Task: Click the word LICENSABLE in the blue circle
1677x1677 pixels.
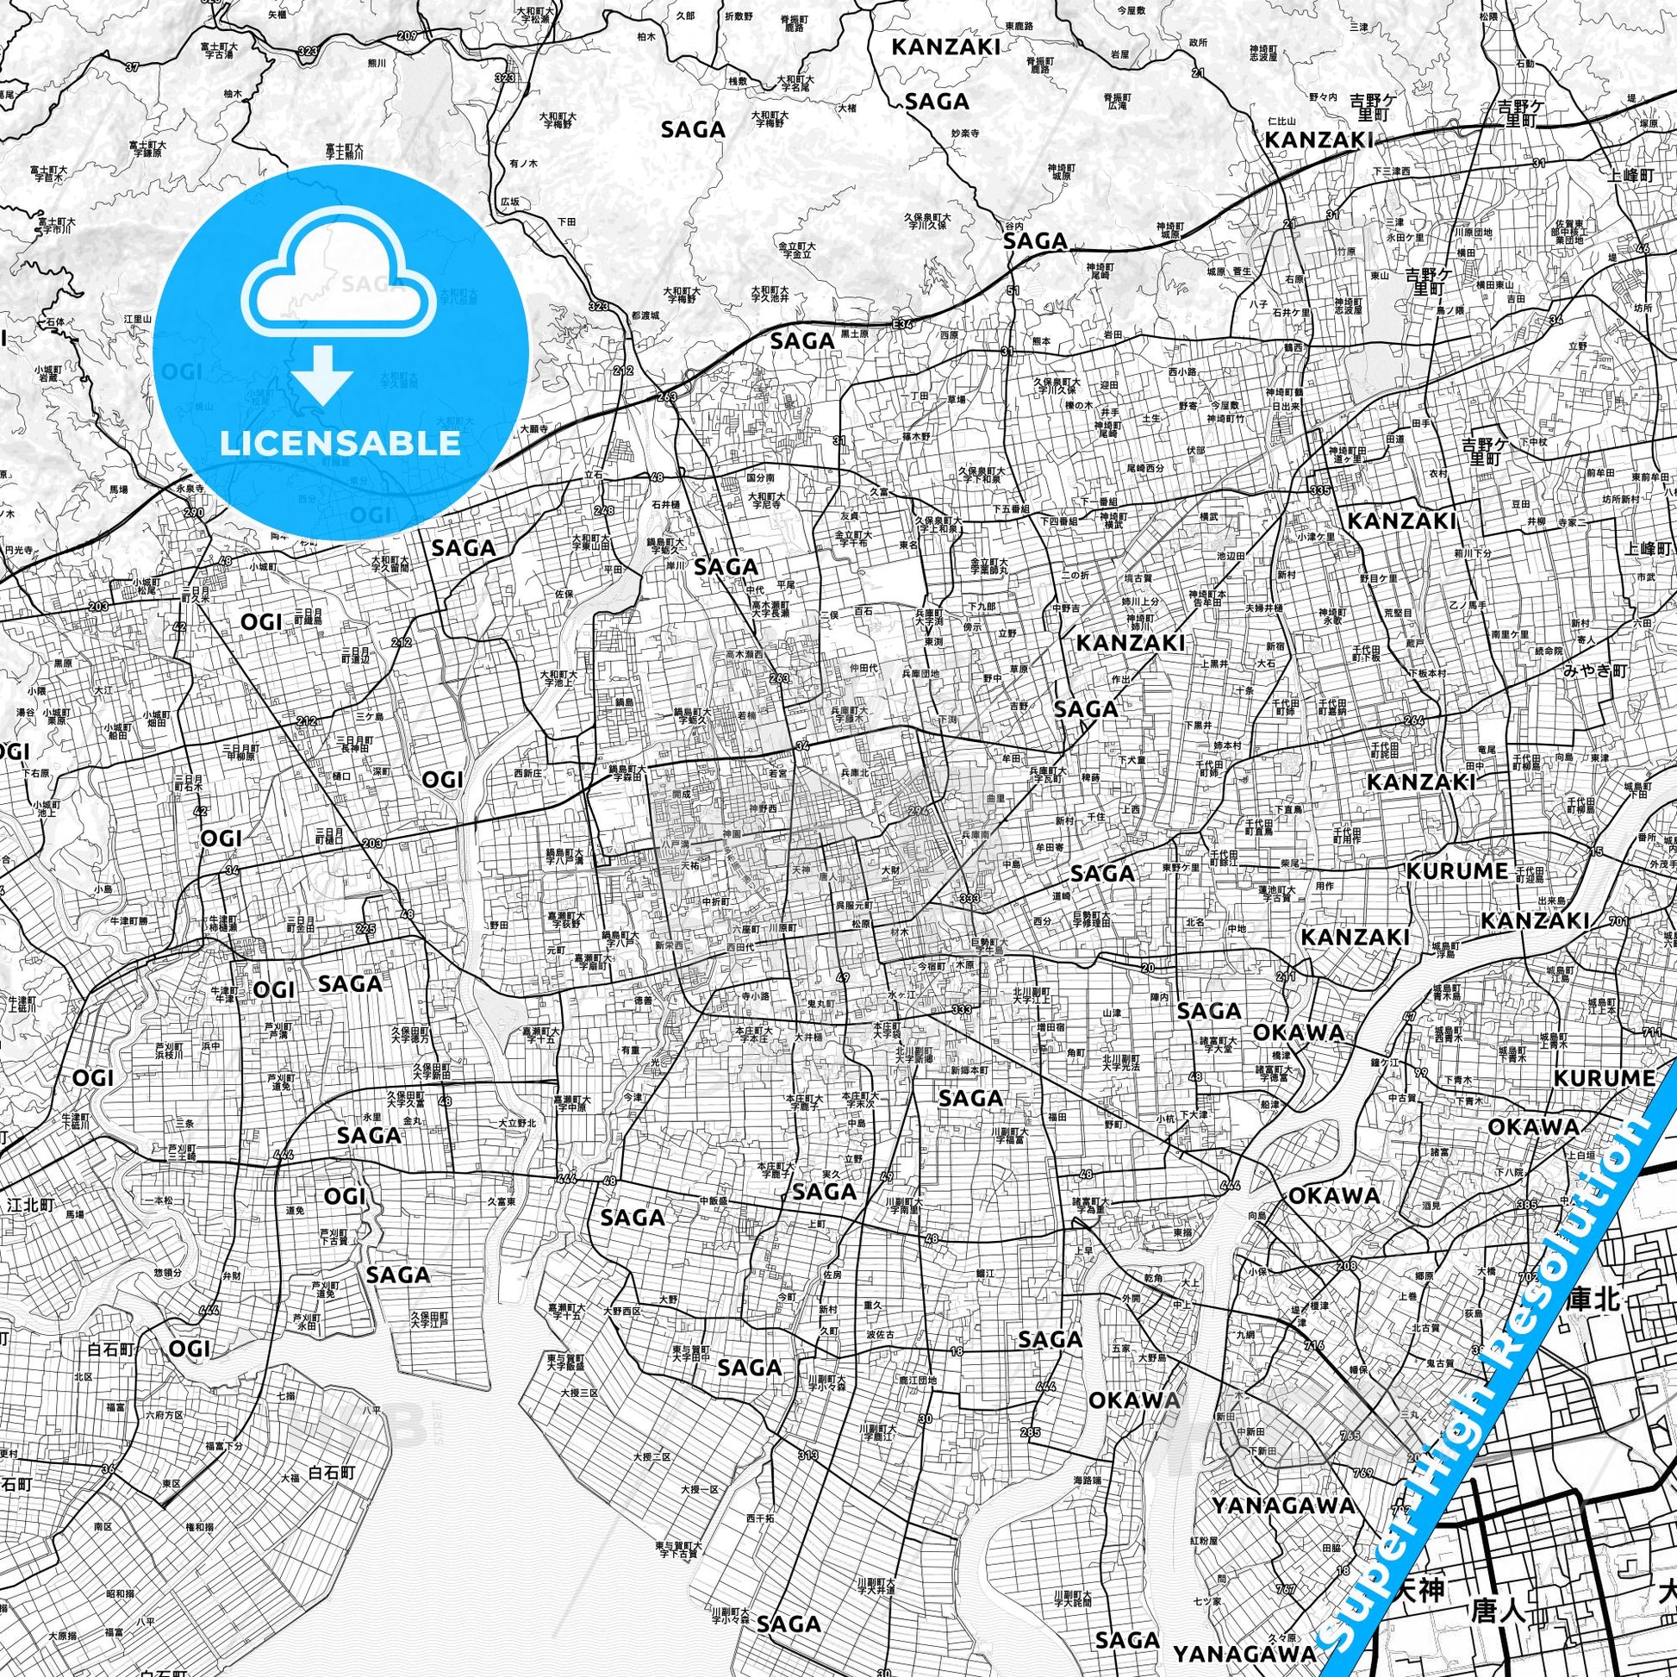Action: [x=340, y=444]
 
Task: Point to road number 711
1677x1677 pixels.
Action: [x=1653, y=1033]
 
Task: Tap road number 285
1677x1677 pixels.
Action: [x=1031, y=1431]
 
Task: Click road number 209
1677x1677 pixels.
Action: [x=408, y=35]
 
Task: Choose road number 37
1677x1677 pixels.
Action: [x=132, y=66]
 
